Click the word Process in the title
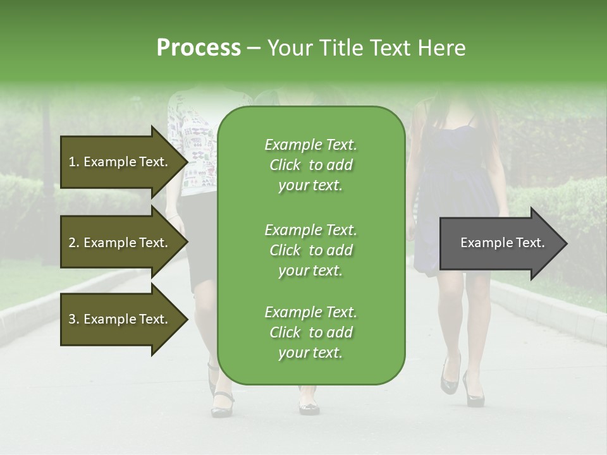click(199, 48)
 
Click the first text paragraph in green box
click(310, 165)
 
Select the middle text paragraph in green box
click(310, 250)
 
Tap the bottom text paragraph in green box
click(310, 332)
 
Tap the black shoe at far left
click(221, 405)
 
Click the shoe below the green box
click(309, 407)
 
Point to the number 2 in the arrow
click(72, 243)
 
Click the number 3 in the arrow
click(72, 319)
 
